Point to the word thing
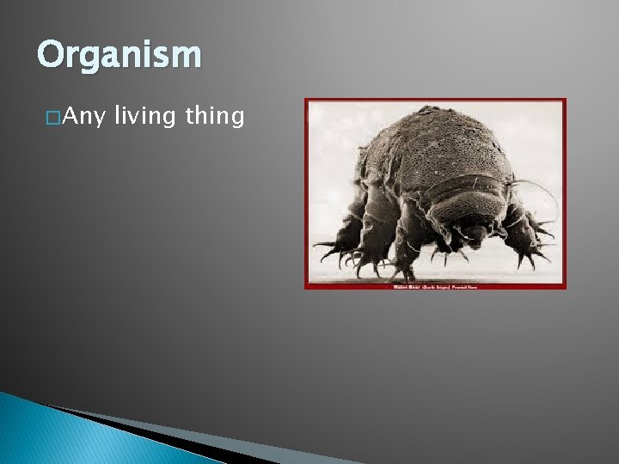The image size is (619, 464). tap(215, 117)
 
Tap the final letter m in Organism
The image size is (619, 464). tap(188, 56)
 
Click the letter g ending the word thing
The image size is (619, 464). tap(238, 119)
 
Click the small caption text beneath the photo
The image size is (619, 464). tap(435, 286)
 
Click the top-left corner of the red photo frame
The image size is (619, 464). tap(307, 101)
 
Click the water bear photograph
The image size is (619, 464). tap(435, 193)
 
